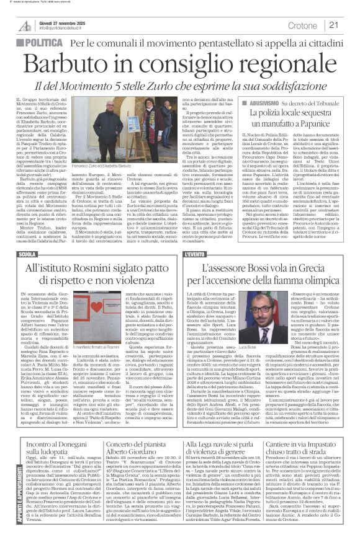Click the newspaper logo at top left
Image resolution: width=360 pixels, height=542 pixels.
pyautogui.click(x=25, y=25)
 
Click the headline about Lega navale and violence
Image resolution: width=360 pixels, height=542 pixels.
pyautogui.click(x=229, y=454)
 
